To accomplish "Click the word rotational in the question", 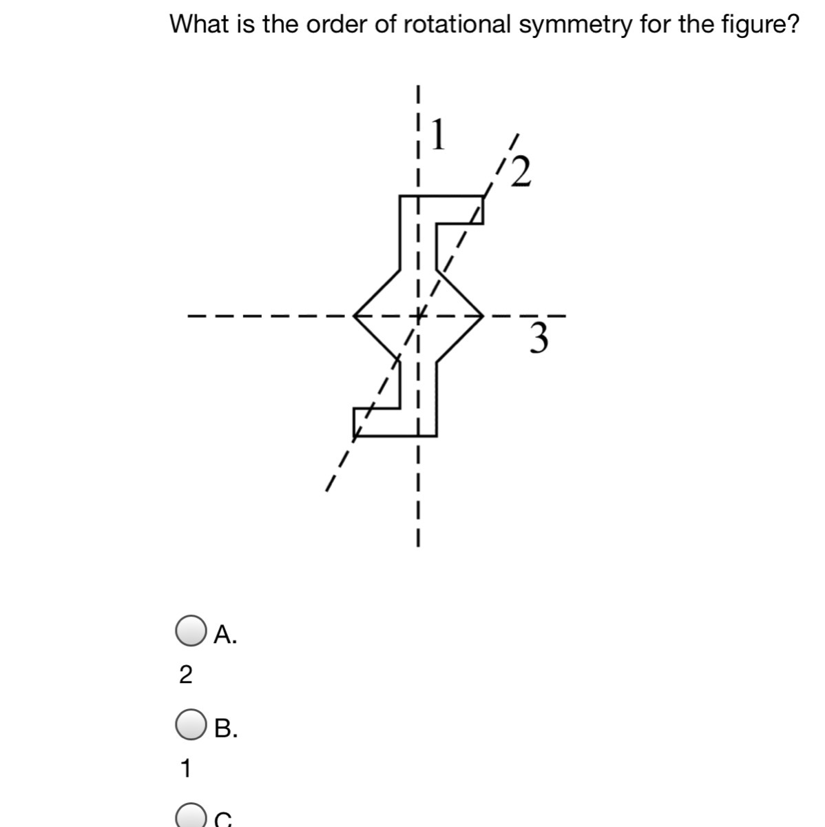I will (456, 25).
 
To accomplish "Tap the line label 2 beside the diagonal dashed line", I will (523, 172).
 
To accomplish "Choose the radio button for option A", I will (190, 633).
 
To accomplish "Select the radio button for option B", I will (190, 726).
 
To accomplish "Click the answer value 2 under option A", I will (185, 675).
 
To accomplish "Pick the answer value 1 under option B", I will (185, 768).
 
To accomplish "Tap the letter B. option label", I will (226, 728).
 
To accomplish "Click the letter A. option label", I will (226, 635).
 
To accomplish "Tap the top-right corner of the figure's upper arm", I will (482, 196).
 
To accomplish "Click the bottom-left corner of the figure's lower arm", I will (353, 436).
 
